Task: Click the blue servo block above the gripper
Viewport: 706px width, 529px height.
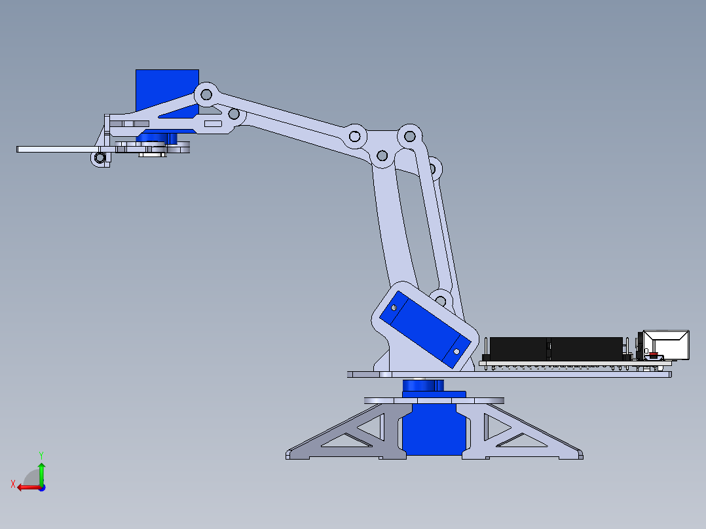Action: [166, 88]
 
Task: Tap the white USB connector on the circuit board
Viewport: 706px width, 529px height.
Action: [667, 343]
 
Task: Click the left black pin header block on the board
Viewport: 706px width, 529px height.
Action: [519, 348]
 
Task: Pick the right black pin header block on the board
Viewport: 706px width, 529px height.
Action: [587, 348]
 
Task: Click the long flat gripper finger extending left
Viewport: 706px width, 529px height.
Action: [56, 149]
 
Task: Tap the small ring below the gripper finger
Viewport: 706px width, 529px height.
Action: [100, 158]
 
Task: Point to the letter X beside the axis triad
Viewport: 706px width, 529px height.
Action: [13, 484]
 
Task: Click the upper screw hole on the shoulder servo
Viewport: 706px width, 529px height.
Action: [394, 307]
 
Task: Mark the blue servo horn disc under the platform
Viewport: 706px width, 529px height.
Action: [423, 386]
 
